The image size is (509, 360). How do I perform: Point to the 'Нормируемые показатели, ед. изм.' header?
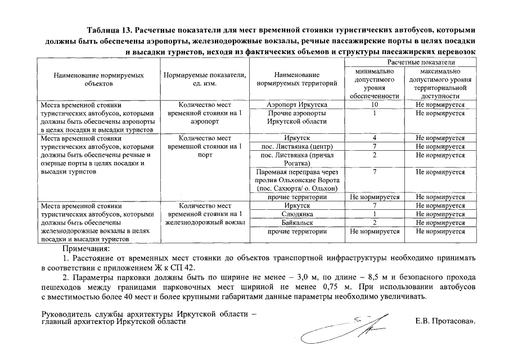(204, 79)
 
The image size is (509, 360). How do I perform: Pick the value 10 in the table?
(375, 105)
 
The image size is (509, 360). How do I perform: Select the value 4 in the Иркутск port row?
(375, 138)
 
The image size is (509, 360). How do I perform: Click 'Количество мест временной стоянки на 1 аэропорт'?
(204, 113)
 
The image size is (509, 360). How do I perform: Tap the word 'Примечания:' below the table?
(87, 248)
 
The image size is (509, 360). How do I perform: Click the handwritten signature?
(343, 329)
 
